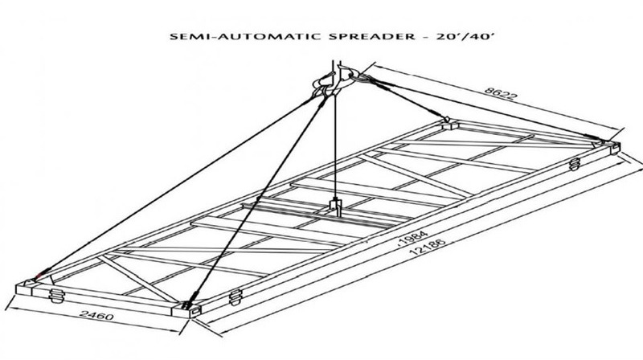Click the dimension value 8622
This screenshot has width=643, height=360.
[501, 93]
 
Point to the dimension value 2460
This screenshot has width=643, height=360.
[96, 315]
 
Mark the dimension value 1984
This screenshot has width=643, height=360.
[413, 237]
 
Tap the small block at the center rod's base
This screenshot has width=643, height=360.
[336, 206]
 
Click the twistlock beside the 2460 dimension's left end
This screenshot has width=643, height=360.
[56, 295]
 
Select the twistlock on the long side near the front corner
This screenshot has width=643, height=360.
[235, 297]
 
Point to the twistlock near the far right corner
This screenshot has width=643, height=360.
[575, 164]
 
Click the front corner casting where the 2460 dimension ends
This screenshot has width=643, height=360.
[186, 309]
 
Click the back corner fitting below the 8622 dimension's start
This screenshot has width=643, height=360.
[450, 123]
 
